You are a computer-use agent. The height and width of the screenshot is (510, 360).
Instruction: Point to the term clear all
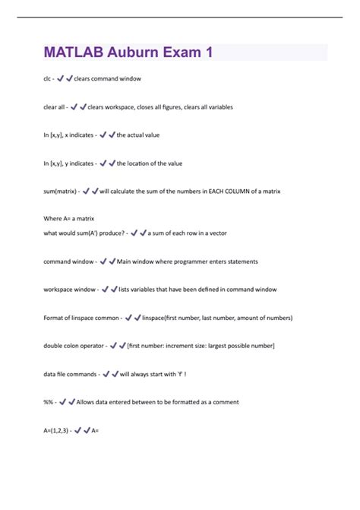point(55,107)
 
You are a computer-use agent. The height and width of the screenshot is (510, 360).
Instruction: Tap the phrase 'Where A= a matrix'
point(68,219)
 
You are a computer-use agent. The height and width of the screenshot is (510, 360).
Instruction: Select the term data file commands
point(70,374)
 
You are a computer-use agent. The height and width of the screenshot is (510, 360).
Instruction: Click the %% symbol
point(47,402)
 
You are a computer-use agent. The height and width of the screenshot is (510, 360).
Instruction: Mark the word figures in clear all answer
point(181,107)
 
